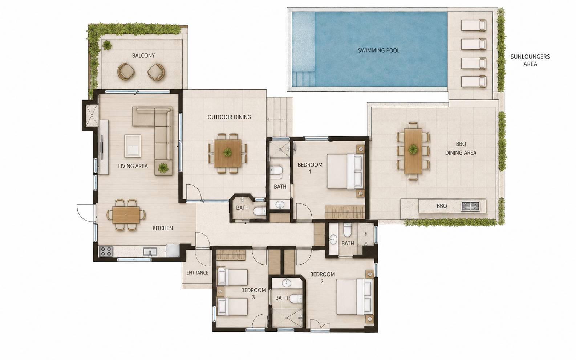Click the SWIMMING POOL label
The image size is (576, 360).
pos(379,50)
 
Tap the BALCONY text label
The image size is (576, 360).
pos(143,56)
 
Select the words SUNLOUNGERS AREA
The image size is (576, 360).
pos(530,60)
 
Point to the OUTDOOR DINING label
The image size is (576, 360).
pos(229,117)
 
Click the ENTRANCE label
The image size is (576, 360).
pos(197,273)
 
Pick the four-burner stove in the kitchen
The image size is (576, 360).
pos(106,251)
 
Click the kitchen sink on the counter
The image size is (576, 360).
pos(150,251)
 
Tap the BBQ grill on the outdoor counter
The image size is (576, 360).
pos(470,206)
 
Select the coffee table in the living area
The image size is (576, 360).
pos(133,146)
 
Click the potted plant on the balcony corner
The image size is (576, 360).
pos(107,45)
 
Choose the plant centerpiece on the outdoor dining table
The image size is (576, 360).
pos(227,152)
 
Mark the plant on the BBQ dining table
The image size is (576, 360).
pos(413,149)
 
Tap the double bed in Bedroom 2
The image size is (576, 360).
pos(354,297)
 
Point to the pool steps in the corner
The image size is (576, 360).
pos(303,79)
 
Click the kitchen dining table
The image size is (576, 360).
pos(126,215)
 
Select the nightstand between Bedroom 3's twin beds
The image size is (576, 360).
pos(220,292)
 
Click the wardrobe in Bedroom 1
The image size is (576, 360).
pos(345,212)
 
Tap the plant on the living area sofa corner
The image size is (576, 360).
pos(163,168)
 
